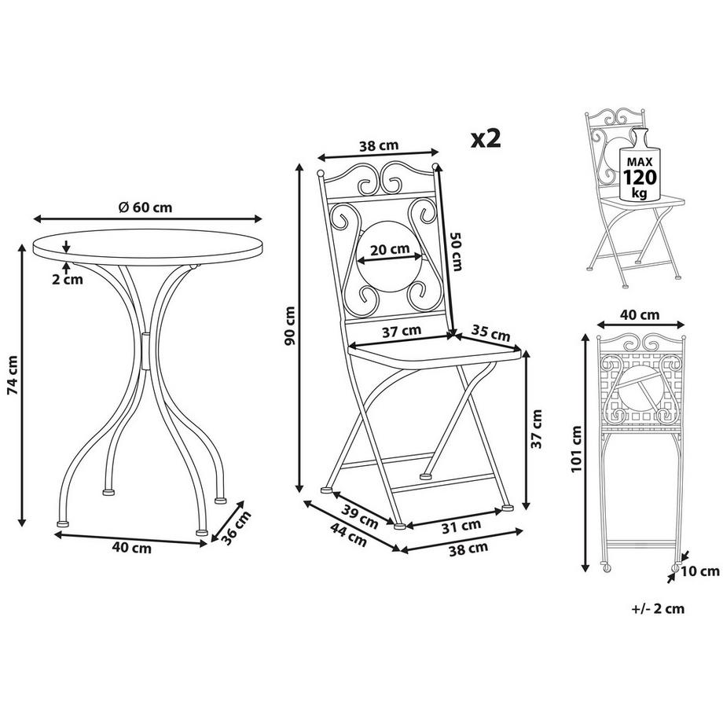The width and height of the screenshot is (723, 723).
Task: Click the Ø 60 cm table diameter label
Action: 145,207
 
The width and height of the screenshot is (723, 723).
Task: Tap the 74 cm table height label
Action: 13,375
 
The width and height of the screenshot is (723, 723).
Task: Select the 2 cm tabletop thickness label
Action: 68,279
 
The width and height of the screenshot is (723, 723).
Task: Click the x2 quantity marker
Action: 486,138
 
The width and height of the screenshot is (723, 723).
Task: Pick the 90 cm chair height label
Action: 290,325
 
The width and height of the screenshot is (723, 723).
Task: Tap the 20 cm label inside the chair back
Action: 390,249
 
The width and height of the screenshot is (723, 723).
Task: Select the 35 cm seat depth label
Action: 490,333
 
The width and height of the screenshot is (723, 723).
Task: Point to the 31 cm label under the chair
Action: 461,526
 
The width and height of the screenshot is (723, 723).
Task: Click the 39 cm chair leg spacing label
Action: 360,517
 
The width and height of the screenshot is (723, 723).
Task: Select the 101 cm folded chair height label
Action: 576,449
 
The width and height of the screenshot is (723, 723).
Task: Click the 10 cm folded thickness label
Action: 700,572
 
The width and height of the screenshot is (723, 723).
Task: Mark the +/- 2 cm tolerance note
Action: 658,608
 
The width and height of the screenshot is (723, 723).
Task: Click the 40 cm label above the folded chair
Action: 640,315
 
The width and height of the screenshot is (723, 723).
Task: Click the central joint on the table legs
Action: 145,350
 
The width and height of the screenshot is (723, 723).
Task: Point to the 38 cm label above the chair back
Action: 379,146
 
